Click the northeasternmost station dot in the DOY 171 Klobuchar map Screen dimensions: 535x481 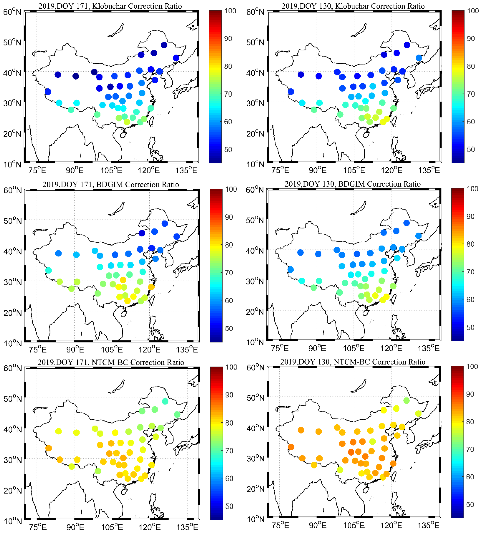click(x=164, y=45)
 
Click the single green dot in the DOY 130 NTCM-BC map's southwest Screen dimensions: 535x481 click(x=340, y=470)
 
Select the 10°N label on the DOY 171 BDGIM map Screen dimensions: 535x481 click(x=12, y=343)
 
